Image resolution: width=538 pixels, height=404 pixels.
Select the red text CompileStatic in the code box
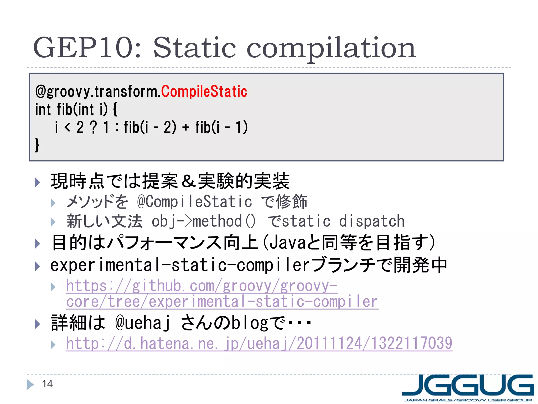pyautogui.click(x=204, y=92)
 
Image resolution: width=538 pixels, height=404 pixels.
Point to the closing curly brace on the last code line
pyautogui.click(x=37, y=145)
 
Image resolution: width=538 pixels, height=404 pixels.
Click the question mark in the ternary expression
pyautogui.click(x=93, y=127)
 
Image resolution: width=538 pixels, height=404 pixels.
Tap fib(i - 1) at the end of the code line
pyautogui.click(x=221, y=127)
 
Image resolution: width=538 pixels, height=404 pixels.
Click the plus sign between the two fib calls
pyautogui.click(x=186, y=127)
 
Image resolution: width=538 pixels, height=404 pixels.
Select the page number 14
pyautogui.click(x=47, y=384)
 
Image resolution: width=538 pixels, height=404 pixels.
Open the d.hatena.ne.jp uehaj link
pyautogui.click(x=259, y=344)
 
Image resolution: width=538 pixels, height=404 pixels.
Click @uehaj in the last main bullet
pyautogui.click(x=143, y=323)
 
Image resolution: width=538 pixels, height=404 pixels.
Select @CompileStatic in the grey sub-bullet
pyautogui.click(x=194, y=202)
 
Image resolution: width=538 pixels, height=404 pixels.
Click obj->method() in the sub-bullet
pyautogui.click(x=203, y=221)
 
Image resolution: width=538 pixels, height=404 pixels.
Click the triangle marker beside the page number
pyautogui.click(x=30, y=384)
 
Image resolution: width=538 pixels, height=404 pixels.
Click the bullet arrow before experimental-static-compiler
pyautogui.click(x=37, y=266)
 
